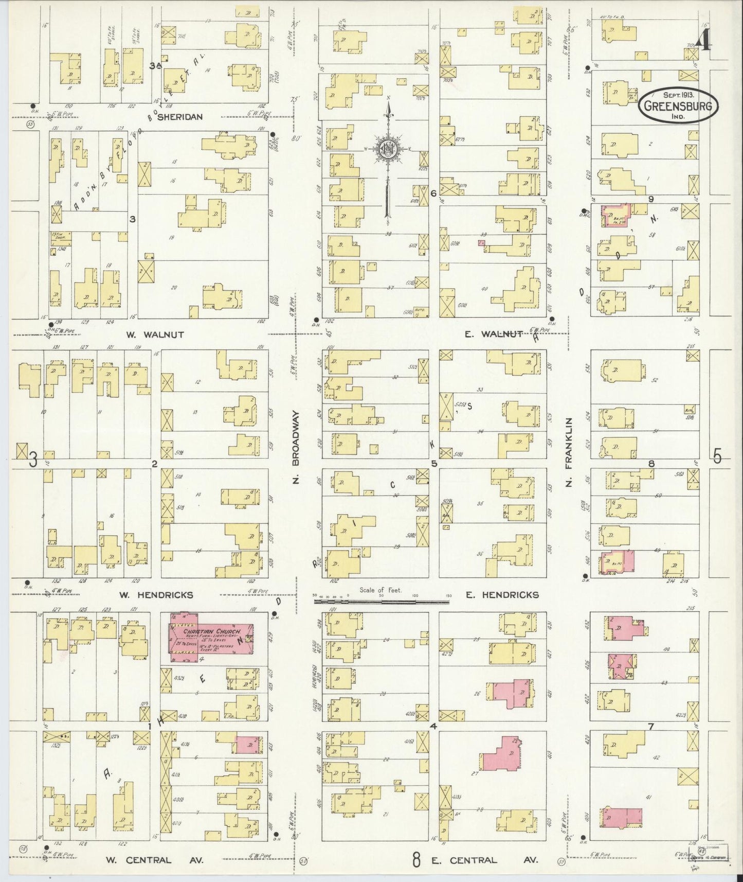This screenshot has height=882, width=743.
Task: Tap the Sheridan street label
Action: click(x=179, y=117)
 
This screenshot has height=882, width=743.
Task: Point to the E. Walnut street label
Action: click(x=494, y=335)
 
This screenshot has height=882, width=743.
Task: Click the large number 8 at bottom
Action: click(x=416, y=859)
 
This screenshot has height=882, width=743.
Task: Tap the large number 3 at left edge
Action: click(x=33, y=460)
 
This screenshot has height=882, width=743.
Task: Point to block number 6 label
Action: click(x=433, y=193)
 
